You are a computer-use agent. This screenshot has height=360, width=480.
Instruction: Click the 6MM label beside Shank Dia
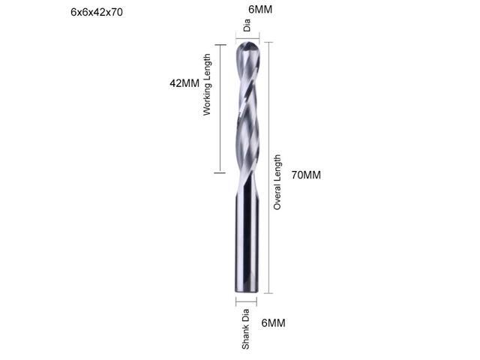coord(273,322)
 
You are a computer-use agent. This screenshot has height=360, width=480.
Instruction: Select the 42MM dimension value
coord(184,83)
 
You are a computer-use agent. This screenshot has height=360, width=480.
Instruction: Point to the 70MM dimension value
coord(306,175)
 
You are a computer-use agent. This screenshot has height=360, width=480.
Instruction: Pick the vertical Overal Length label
coord(277,181)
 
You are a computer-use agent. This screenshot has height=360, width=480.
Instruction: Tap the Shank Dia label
coord(245,331)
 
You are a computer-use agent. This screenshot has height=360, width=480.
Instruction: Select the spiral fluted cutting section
coord(247,112)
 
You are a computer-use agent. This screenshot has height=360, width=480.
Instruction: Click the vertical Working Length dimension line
coord(220,109)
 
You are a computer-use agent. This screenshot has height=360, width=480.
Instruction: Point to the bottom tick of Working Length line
coord(220,173)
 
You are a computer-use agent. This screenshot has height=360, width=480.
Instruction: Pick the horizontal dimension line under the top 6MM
coord(247,34)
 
